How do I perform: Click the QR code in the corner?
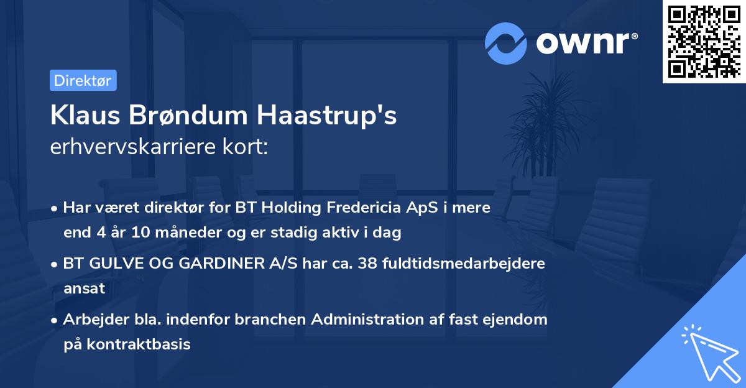coord(704,41)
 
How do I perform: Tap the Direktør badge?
coord(83,80)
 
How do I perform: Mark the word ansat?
coord(84,289)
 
